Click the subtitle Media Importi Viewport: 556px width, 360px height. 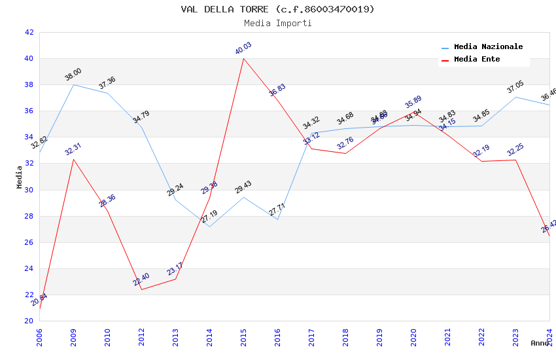click(277, 23)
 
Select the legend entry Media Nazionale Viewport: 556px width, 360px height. click(488, 46)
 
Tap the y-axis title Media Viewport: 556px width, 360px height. click(20, 177)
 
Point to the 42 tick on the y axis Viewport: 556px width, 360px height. click(29, 32)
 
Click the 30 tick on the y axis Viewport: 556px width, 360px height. click(29, 190)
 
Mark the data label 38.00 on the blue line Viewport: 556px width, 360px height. click(73, 75)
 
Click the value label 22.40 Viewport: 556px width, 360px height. click(141, 279)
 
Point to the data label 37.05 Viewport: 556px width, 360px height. click(515, 87)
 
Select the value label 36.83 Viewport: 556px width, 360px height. click(277, 90)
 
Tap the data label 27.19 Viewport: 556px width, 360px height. click(209, 217)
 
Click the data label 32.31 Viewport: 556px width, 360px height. click(73, 149)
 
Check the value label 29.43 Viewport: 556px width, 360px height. click(243, 187)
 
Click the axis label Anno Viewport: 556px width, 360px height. click(540, 343)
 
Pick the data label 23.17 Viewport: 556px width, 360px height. click(175, 269)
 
